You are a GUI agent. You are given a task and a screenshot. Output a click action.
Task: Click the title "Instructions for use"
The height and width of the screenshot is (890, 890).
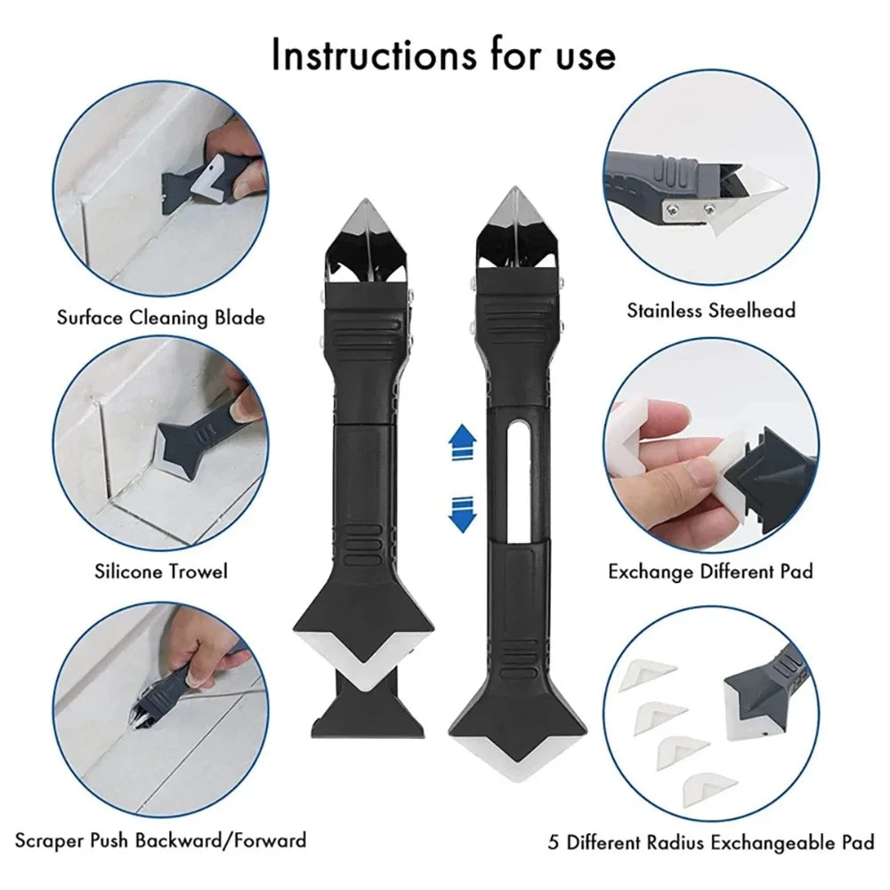[x=443, y=55]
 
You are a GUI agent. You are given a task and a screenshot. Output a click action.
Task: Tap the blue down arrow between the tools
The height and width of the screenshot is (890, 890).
[x=459, y=514]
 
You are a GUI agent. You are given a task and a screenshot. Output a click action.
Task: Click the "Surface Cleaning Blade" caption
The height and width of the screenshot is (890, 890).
[x=160, y=317]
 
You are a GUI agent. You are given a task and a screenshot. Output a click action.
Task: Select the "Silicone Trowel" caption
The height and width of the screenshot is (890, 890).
[x=161, y=570]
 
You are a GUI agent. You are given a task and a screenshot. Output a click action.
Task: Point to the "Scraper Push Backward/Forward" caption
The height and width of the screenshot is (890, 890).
[x=160, y=839]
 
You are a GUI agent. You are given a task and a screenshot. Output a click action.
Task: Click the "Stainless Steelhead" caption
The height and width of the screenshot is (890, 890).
[x=711, y=311]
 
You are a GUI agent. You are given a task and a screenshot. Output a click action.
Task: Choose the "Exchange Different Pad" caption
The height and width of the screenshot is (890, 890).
[x=710, y=570]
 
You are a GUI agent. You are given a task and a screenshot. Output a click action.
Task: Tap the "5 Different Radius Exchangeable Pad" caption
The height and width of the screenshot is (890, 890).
[x=711, y=841]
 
